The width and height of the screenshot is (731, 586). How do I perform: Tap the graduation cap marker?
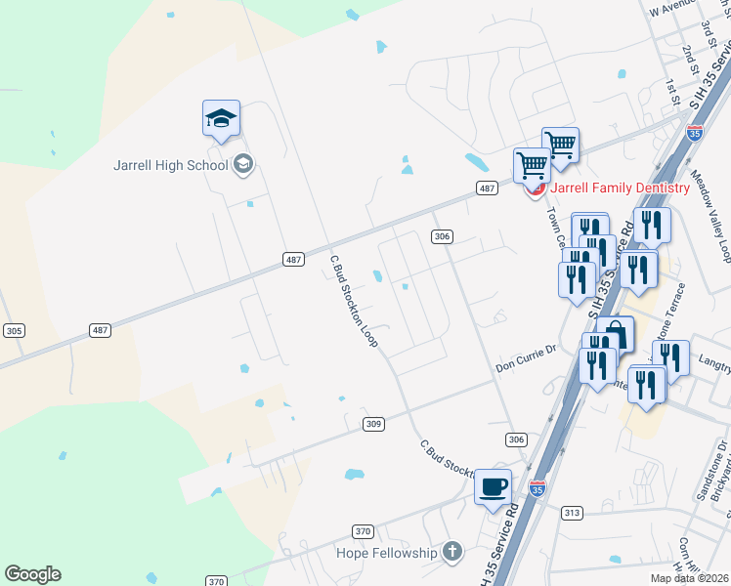221,120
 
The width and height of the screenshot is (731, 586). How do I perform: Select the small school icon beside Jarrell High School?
243,164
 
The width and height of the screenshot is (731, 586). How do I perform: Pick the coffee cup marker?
493,485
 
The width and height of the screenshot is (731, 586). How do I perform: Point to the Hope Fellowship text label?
386,553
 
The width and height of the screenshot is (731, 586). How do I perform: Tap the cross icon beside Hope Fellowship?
451,553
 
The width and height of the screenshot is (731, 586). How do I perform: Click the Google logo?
32,574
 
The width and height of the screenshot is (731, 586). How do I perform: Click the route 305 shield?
14,330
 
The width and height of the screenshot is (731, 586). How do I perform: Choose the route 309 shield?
373,424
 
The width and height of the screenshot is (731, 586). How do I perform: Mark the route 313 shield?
573,513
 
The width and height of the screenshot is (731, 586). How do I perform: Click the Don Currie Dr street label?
525,367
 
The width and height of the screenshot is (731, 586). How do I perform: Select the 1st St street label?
670,93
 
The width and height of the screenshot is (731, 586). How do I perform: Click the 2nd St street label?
691,59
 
